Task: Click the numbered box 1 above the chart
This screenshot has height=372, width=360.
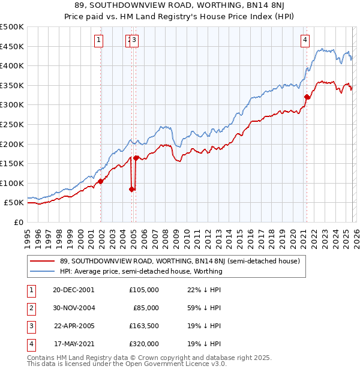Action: (98, 40)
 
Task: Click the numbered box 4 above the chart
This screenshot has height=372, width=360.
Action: (305, 40)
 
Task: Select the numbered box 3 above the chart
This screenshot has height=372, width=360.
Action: (134, 40)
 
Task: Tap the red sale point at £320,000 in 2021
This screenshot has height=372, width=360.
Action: (307, 97)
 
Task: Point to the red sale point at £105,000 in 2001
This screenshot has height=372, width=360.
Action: (100, 181)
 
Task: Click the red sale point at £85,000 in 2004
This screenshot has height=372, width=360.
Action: (131, 189)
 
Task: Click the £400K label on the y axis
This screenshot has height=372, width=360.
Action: (12, 65)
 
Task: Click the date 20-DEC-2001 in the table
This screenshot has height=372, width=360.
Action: (74, 289)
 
